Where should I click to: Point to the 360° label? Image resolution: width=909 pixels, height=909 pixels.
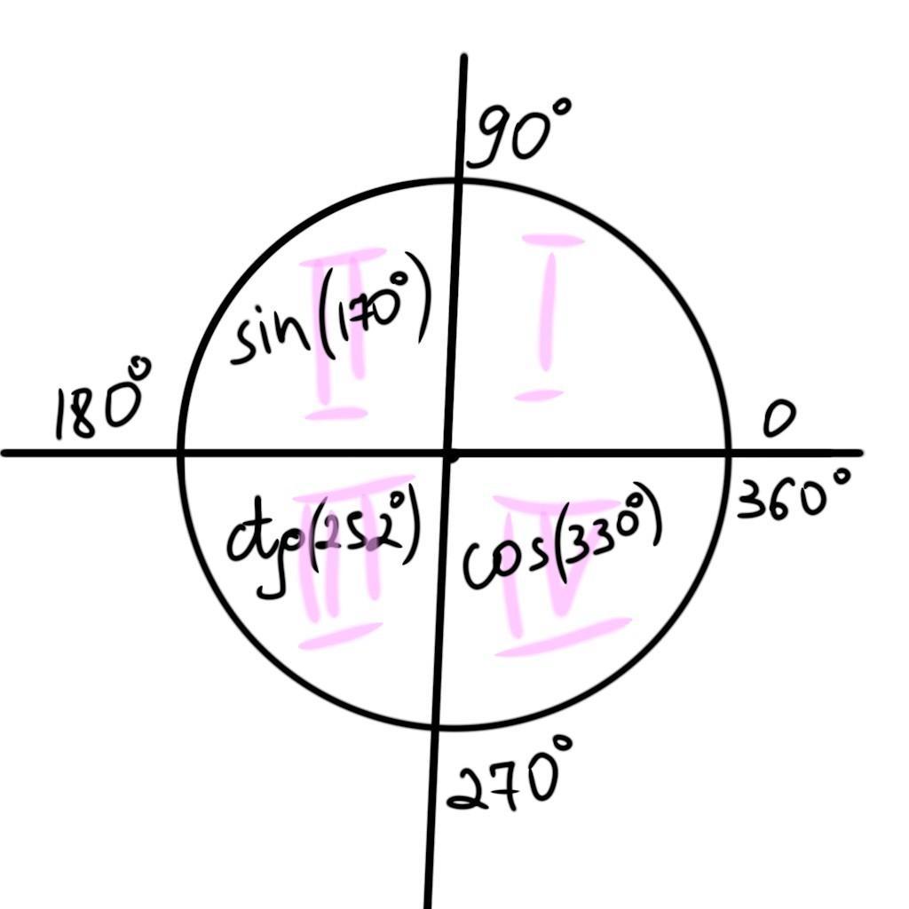pos(793,499)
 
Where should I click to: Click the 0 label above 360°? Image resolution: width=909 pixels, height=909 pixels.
pos(779,421)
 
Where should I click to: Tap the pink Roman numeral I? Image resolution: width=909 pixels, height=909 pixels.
pos(551,316)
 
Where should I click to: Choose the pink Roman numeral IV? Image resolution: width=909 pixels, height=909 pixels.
pos(559,577)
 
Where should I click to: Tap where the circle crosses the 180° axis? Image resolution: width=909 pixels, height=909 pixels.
pos(180,453)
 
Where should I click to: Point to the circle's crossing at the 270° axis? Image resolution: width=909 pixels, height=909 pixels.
pos(436,727)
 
